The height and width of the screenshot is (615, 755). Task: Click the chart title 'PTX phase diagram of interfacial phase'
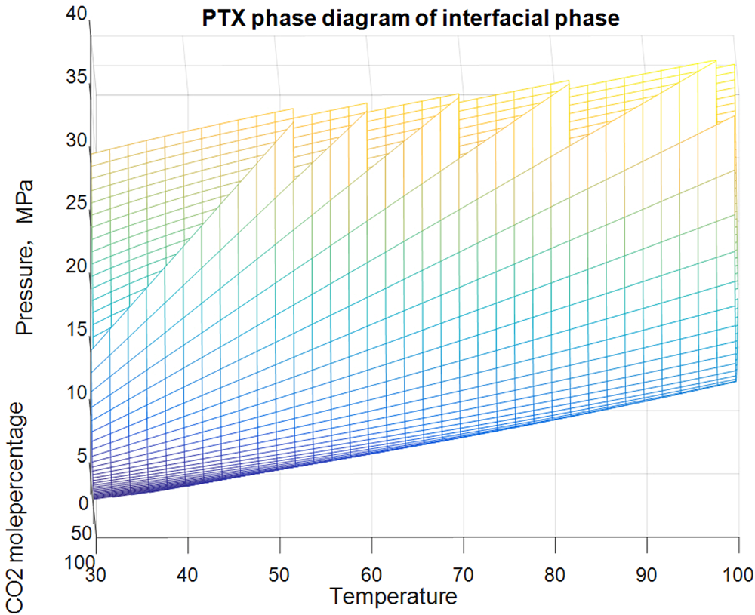coord(411,19)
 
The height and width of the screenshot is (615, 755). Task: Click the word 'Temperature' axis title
coord(393,597)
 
